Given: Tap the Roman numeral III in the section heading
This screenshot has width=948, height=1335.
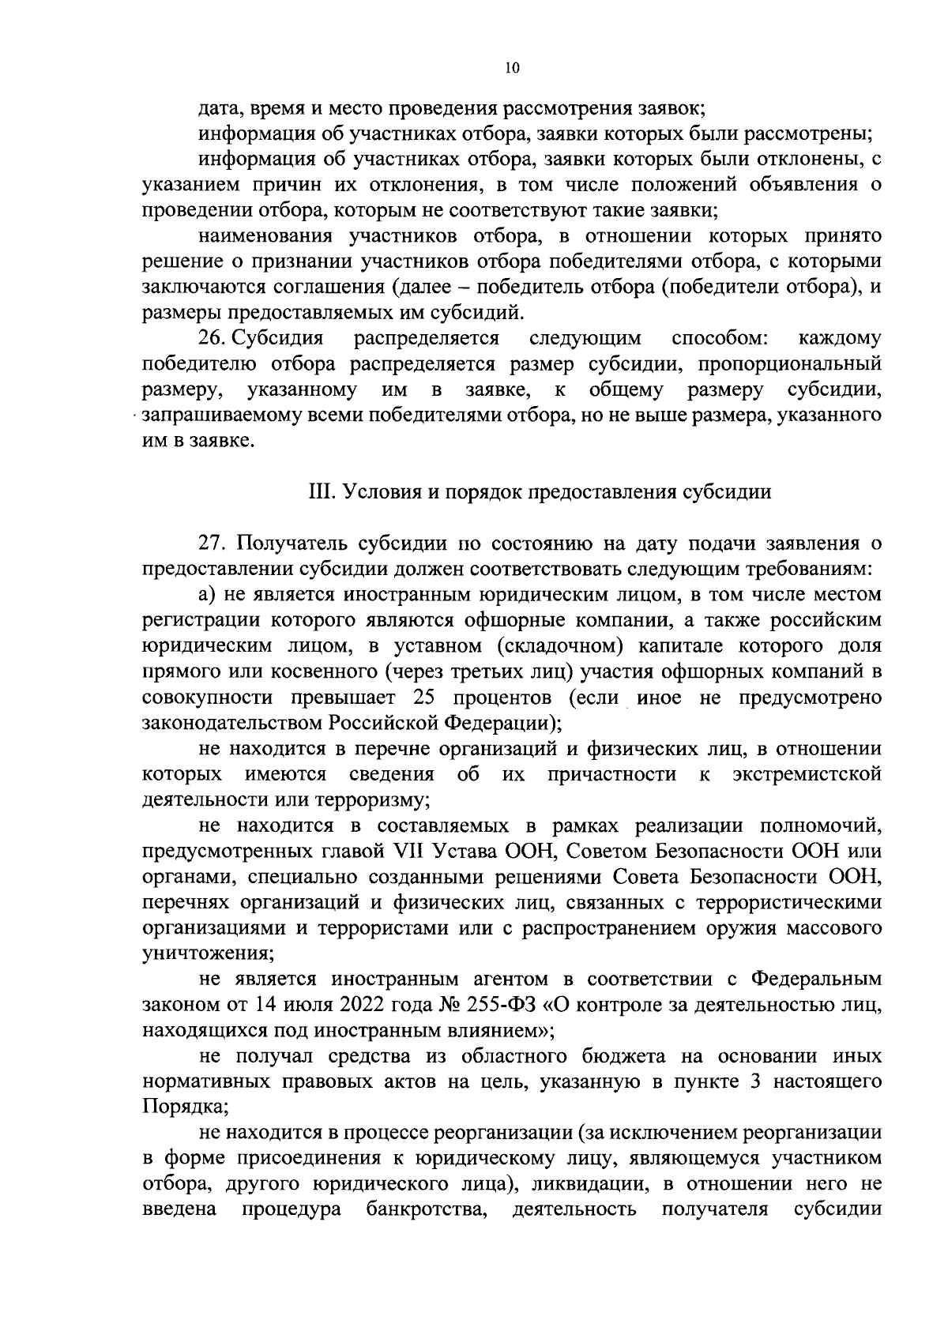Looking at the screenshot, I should tap(321, 492).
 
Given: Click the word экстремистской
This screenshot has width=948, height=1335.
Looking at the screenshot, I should tap(806, 774).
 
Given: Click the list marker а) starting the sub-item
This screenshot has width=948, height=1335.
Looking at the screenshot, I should tap(209, 595).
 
